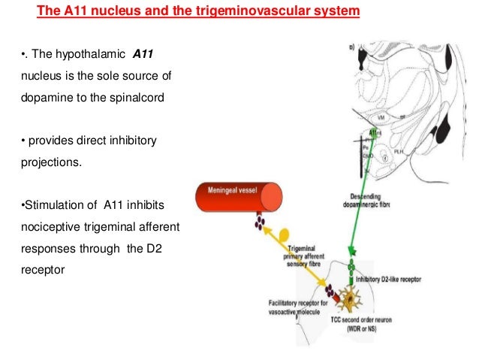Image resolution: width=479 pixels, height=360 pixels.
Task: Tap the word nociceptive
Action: tap(48, 225)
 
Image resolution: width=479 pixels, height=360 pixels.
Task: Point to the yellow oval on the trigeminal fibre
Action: tap(285, 234)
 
